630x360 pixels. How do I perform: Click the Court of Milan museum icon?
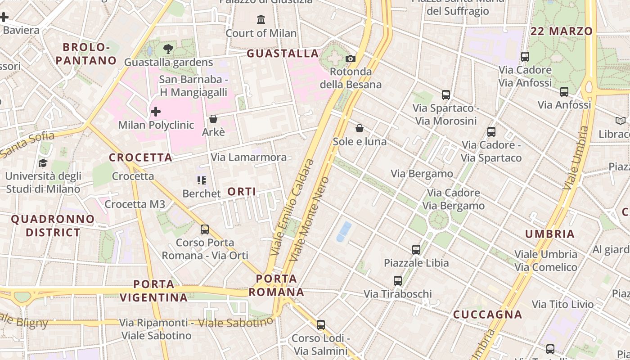[x=261, y=19]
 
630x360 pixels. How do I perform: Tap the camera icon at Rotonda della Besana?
[x=351, y=58]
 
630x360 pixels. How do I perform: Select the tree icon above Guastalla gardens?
[x=168, y=49]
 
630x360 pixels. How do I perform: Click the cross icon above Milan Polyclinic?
[x=156, y=111]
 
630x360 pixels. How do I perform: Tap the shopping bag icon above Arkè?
[x=213, y=119]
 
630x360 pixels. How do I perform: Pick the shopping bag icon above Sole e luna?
[x=360, y=128]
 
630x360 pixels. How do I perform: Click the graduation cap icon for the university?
[x=43, y=163]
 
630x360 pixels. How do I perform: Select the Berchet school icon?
[x=202, y=180]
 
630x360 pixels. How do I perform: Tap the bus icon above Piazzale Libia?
[x=416, y=249]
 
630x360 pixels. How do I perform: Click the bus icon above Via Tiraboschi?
[x=398, y=281]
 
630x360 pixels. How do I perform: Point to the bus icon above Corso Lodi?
[x=321, y=324]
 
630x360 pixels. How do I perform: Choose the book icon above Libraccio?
[x=621, y=121]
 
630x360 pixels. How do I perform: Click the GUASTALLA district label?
[x=283, y=54]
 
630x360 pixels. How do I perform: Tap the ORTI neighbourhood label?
[x=242, y=192]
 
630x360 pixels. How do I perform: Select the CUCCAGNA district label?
[x=487, y=315]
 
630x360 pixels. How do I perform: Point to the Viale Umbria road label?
[x=576, y=157]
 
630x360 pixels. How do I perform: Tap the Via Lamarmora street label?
[x=249, y=157]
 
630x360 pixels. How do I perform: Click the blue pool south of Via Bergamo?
[x=344, y=231]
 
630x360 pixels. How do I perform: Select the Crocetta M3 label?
[x=135, y=204]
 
